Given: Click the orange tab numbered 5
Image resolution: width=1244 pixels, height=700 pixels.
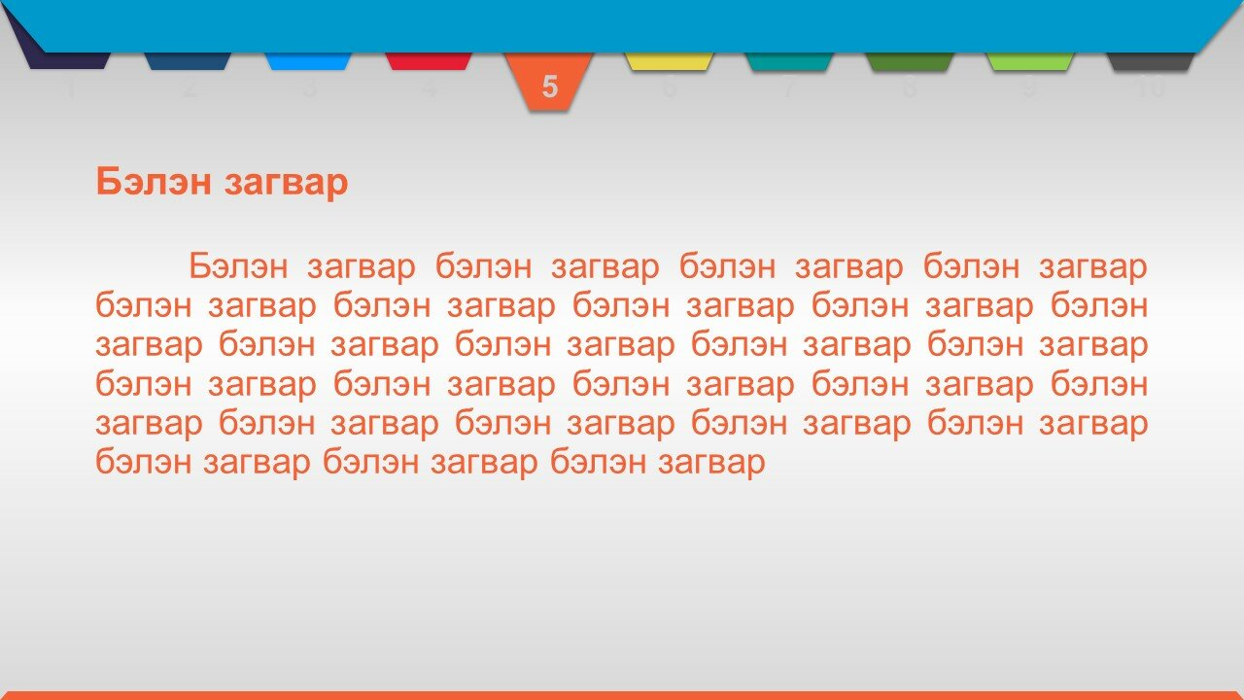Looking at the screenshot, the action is click(549, 81).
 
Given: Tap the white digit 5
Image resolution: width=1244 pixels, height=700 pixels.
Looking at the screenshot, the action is click(549, 87).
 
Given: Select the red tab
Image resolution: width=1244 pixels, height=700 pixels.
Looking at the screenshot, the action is click(429, 61).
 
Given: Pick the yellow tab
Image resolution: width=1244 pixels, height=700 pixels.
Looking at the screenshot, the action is click(669, 61).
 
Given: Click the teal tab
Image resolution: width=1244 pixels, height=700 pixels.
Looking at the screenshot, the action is click(789, 61).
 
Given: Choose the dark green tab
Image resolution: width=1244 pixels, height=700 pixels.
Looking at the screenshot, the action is click(909, 61).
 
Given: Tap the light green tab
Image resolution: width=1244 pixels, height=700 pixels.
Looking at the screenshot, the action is click(1029, 61).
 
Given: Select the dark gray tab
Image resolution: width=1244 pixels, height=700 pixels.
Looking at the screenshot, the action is click(1150, 61).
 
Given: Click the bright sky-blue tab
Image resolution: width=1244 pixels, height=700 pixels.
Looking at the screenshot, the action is click(308, 61).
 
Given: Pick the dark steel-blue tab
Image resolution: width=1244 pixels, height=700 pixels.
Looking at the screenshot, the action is click(188, 61).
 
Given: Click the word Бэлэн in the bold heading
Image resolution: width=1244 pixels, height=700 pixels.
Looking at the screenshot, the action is click(154, 181).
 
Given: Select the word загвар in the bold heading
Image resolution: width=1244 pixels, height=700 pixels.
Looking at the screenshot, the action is click(286, 184).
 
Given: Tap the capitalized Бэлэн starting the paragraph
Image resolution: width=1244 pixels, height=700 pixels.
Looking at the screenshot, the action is click(238, 265).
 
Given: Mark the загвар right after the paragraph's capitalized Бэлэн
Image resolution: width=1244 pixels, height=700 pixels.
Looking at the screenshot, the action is click(361, 267).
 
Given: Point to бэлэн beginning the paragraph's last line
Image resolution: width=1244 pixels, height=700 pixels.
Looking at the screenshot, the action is click(143, 461).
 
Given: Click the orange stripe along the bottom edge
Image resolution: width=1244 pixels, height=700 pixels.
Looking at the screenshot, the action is click(622, 695).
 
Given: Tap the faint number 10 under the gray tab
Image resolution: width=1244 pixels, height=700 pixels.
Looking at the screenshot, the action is click(1151, 87).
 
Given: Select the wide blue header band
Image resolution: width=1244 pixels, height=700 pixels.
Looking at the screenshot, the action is click(622, 26).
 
